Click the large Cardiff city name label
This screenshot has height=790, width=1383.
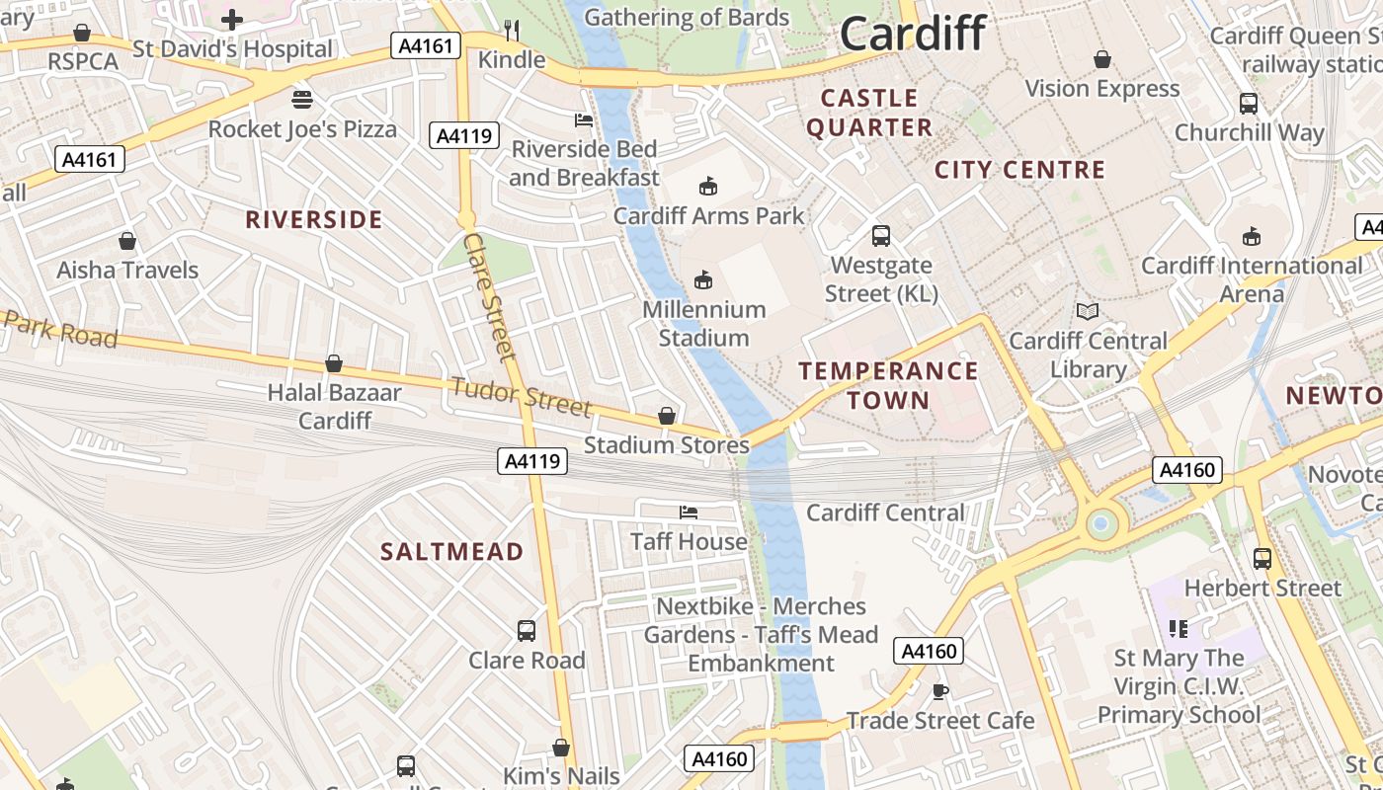tap(912, 34)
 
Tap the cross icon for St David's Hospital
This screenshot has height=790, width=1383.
tap(232, 19)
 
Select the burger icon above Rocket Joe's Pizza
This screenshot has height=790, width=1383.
tap(302, 100)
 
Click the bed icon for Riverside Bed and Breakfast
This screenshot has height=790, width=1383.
tap(584, 120)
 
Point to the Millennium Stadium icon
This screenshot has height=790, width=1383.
tap(703, 280)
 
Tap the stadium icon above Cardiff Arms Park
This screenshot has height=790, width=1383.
tap(708, 186)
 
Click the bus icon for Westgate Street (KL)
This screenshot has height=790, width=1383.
tap(881, 236)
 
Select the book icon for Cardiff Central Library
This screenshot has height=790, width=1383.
tap(1088, 312)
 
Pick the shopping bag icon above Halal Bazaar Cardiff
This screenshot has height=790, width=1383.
tap(334, 363)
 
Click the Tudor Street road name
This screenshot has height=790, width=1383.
tap(521, 396)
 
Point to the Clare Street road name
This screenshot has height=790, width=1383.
tap(490, 296)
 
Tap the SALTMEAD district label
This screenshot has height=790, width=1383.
tap(451, 552)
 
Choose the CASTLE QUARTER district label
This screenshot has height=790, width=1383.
tap(869, 113)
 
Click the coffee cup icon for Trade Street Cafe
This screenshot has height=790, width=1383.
tap(940, 691)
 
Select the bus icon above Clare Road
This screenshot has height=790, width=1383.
tap(527, 630)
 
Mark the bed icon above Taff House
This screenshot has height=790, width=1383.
tap(689, 512)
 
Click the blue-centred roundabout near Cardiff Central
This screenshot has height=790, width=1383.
tap(1099, 523)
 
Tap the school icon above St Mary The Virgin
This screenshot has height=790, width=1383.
tap(1178, 628)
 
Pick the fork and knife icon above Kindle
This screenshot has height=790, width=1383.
tap(512, 31)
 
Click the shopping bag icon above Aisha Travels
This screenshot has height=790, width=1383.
tap(127, 241)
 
